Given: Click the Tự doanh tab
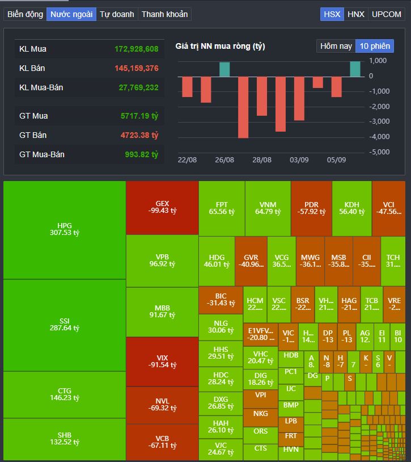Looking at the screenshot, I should click(x=117, y=14).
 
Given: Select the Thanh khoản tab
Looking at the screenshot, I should click(x=164, y=14).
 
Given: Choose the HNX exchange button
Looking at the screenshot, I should click(x=356, y=14).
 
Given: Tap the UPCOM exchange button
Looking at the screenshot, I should click(x=386, y=14).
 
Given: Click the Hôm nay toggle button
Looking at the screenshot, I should click(x=336, y=46).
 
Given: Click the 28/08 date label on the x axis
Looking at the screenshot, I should click(x=262, y=161).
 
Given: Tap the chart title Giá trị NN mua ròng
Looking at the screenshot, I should click(x=220, y=46).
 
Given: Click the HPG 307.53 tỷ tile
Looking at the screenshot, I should click(x=65, y=229).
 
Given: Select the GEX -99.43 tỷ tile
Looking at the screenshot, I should click(x=162, y=207).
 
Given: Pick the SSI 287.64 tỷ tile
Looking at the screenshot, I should click(x=65, y=325).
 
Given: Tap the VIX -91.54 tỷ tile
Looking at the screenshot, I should click(x=162, y=362).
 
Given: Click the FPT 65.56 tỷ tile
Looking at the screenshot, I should click(x=222, y=208).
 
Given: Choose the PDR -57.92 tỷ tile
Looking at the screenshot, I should click(x=311, y=208).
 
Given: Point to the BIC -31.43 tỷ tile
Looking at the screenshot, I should click(x=221, y=300).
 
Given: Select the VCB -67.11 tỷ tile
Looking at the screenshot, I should click(x=162, y=442).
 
